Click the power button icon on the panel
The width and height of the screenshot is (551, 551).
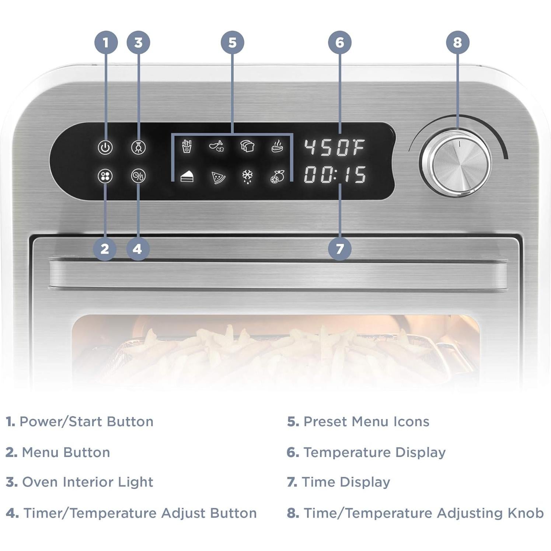(x=105, y=147)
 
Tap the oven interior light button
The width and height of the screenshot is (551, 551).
(x=139, y=147)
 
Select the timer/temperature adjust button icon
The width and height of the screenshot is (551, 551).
(x=139, y=176)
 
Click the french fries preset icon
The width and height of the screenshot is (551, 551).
(x=187, y=146)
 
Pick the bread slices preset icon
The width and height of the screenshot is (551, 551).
(x=247, y=146)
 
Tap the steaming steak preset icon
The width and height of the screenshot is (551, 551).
(x=277, y=146)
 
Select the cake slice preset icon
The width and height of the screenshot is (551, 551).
(x=187, y=177)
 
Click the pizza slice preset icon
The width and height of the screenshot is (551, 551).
(x=218, y=177)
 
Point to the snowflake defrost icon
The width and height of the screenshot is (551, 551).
(x=247, y=176)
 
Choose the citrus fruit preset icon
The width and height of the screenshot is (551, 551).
(x=277, y=177)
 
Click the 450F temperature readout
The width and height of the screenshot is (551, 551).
(x=334, y=147)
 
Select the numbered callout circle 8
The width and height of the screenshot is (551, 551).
(x=457, y=42)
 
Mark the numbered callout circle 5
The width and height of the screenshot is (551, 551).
(x=232, y=42)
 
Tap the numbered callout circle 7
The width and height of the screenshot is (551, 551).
(x=339, y=249)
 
